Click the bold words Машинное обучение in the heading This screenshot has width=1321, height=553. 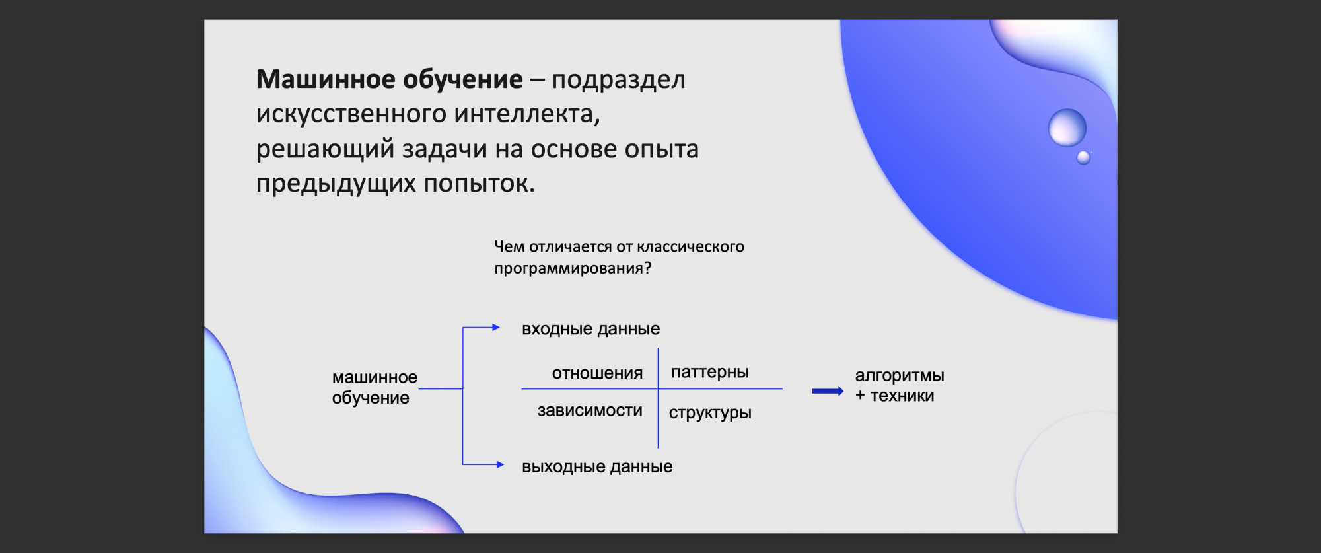coord(390,80)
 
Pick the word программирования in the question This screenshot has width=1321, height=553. coord(573,269)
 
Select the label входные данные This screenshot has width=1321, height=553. coord(590,329)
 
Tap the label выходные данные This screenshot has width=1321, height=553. coord(597,467)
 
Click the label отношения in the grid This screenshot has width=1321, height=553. coord(597,373)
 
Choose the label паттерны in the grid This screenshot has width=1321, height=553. coord(710,372)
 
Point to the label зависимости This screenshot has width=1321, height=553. coord(590,411)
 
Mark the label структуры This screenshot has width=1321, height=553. coord(710,413)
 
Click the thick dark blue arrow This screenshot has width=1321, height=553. coord(828,391)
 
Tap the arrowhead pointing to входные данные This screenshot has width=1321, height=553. coord(496,327)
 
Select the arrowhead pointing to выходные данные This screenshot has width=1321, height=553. coord(500,464)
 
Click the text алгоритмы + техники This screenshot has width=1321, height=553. coord(900,385)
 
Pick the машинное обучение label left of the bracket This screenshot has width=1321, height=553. coord(375,387)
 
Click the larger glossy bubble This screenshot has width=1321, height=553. coord(1067,128)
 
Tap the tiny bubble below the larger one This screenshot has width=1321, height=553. coord(1084,157)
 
